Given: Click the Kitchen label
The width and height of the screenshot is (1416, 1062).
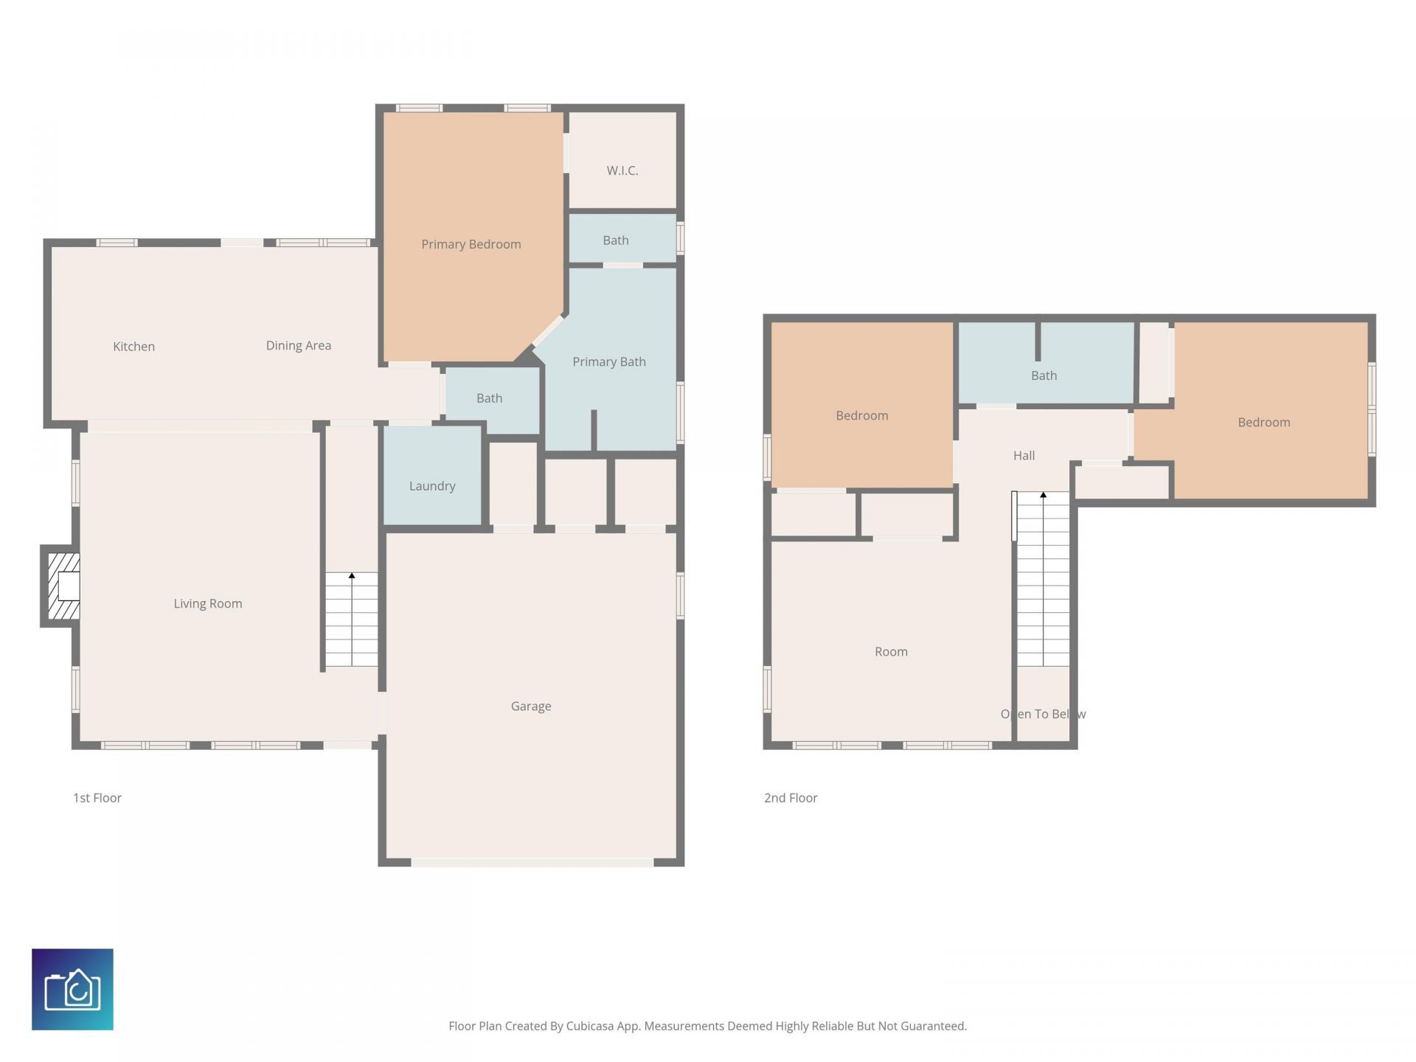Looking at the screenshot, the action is pos(133,347).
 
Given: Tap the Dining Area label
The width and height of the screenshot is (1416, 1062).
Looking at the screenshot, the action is pos(298,346).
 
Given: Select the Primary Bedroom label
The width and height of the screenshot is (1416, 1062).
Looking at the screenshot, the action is pos(471,244).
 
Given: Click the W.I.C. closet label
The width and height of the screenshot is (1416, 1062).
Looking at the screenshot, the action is pos(622,170).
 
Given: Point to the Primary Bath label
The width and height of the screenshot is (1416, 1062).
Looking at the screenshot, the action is pos(608,361).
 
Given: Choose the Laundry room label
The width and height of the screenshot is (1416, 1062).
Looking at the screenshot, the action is pos(431,486).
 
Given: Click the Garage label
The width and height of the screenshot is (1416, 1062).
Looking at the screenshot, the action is pos(530,707).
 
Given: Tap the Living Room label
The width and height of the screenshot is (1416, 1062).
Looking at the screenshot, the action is pos(207,604).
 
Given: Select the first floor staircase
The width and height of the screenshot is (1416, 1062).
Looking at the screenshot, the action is pos(352,619).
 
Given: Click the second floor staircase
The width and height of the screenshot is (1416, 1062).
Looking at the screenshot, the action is pos(1043,579).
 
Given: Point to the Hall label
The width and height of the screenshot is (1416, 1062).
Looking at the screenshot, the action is pos(1024,456).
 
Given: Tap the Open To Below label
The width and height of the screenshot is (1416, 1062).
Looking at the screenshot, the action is pos(1043,714).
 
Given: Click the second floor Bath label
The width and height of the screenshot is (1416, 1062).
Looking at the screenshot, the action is pos(1044,375).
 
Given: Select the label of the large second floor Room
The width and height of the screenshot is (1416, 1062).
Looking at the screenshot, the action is pos(891,652).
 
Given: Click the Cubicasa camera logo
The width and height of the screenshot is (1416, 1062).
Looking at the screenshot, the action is pos(72,989).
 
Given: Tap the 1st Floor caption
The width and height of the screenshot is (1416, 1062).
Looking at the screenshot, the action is pos(97,798).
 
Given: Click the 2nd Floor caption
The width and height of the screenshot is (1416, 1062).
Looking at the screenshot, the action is pos(791,798).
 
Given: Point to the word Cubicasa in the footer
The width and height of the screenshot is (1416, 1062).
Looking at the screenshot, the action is pos(589,1026).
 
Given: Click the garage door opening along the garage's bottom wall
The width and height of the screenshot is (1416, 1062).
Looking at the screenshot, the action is pos(532,862).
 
